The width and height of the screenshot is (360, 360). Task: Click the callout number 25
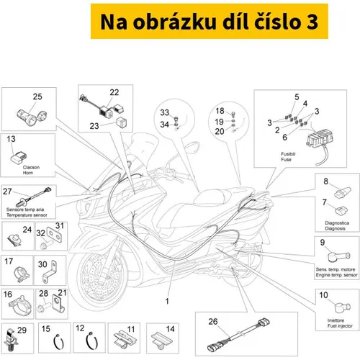[37, 96]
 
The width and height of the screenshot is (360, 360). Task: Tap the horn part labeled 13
[19, 157]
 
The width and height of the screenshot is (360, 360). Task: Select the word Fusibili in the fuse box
[288, 154]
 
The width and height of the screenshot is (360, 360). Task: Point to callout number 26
[213, 322]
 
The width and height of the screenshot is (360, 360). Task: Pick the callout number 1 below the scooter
[167, 301]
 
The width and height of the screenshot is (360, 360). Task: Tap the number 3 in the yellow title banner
[312, 22]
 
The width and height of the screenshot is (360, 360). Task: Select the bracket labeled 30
[50, 271]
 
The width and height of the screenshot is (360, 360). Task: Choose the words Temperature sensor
[27, 215]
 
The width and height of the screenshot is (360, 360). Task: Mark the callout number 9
[323, 243]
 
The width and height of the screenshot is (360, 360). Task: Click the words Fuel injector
[340, 326]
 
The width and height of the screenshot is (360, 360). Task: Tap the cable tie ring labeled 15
[58, 341]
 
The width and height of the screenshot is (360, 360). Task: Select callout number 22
[114, 92]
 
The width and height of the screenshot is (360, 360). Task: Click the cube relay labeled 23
[122, 122]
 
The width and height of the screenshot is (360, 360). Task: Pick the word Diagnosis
[335, 228]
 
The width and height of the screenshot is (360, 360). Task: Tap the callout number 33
[165, 112]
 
